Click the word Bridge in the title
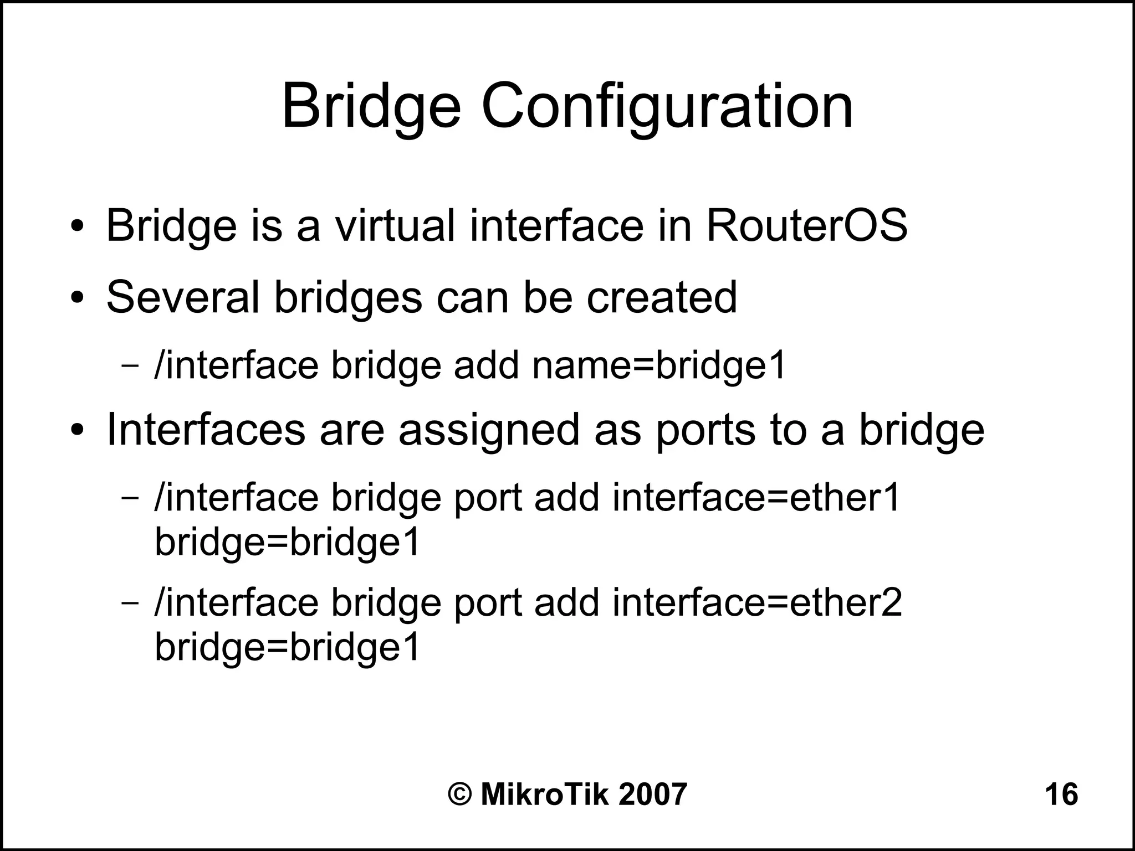click(371, 106)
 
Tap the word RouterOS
click(806, 225)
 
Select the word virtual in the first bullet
click(394, 225)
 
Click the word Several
click(183, 297)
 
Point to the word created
click(662, 297)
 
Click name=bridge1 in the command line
click(659, 366)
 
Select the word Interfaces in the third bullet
click(205, 430)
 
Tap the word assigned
click(489, 430)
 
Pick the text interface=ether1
click(756, 497)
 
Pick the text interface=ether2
click(757, 602)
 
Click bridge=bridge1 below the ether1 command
click(287, 541)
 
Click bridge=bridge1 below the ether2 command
click(287, 647)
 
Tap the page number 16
click(1061, 795)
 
